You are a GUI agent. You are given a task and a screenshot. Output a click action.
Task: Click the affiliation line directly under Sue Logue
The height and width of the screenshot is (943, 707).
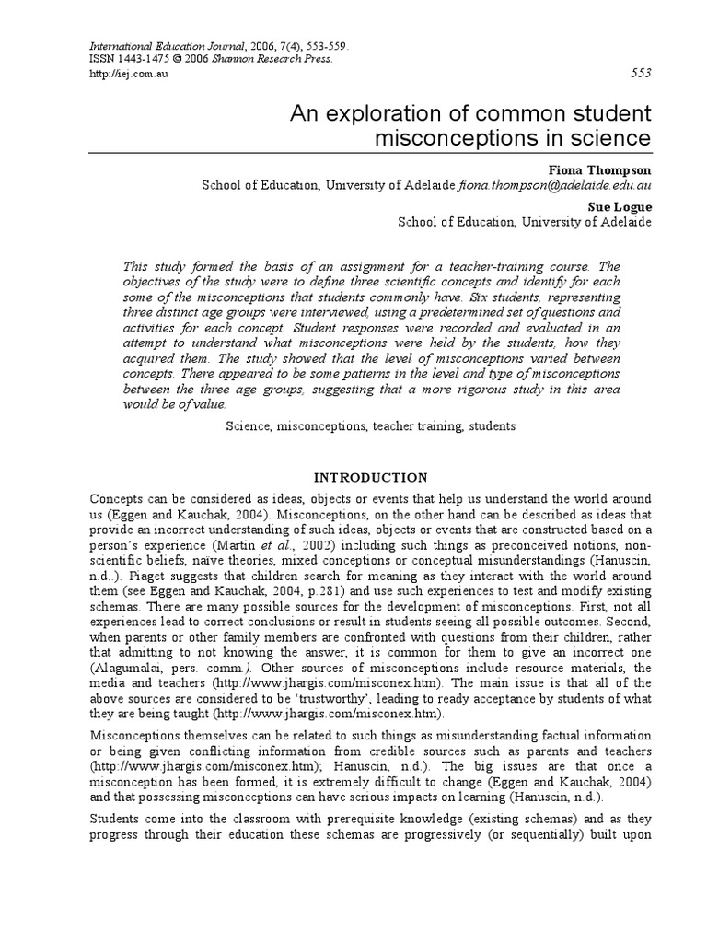tap(524, 222)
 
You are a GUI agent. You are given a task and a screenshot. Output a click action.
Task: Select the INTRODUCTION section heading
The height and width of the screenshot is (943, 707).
tap(371, 477)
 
